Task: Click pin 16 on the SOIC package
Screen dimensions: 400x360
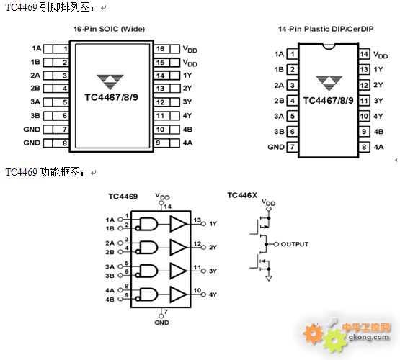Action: point(166,49)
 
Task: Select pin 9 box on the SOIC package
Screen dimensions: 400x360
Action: point(166,143)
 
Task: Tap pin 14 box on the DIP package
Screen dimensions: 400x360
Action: point(364,54)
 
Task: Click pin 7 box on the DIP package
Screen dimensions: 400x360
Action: point(293,147)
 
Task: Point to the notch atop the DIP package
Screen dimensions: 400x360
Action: point(329,46)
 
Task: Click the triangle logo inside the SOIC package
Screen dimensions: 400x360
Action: point(110,82)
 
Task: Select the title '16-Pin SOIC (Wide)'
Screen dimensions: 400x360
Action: point(109,29)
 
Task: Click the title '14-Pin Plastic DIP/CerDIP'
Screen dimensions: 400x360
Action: point(326,29)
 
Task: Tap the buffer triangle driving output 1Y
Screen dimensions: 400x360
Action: point(178,224)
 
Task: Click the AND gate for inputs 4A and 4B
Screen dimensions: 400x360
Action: point(148,294)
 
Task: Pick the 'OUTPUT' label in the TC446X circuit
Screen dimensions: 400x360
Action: point(295,244)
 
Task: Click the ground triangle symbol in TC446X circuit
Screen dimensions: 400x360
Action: point(269,278)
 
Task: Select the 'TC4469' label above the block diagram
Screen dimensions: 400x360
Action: point(123,197)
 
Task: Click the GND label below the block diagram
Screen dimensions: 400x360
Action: point(161,323)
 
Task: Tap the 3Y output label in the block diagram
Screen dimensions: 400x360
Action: point(213,271)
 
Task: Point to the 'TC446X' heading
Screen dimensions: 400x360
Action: point(242,195)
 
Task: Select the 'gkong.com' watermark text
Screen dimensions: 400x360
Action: point(369,338)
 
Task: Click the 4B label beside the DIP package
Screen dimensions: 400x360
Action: point(378,132)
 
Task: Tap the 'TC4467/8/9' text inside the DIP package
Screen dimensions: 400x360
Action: point(329,101)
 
